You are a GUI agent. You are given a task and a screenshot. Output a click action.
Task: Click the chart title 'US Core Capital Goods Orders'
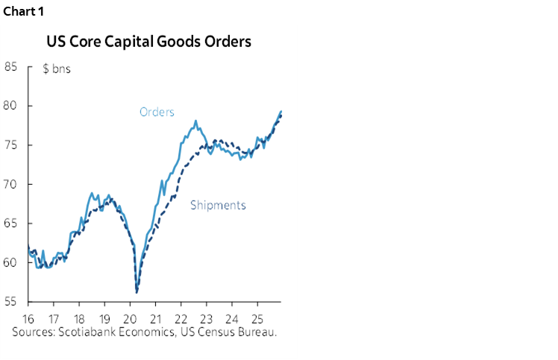(x=148, y=41)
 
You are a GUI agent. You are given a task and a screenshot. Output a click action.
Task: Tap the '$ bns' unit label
(x=57, y=70)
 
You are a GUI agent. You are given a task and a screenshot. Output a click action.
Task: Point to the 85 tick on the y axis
(x=10, y=66)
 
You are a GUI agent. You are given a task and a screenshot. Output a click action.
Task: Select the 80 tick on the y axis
(x=10, y=106)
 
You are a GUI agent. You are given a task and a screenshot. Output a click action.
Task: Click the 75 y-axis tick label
(x=10, y=145)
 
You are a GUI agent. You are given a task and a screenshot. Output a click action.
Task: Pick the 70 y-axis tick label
(x=10, y=184)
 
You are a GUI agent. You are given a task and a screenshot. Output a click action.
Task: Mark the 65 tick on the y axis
(x=10, y=223)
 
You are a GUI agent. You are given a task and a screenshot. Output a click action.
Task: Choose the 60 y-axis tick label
(x=10, y=262)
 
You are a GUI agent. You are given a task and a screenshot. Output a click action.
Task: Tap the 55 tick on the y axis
(x=10, y=301)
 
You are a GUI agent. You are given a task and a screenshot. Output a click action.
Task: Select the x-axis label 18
(x=79, y=318)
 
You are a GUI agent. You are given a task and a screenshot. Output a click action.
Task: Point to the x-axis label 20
(x=131, y=318)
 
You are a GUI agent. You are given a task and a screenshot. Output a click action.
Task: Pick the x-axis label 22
(x=181, y=318)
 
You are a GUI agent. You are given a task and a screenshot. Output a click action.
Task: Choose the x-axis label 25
(x=257, y=318)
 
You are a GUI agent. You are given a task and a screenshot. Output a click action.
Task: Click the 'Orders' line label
(x=157, y=113)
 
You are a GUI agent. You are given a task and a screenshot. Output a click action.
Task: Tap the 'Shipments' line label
(x=218, y=205)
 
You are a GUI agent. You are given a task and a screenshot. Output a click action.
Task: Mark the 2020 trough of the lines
(x=137, y=291)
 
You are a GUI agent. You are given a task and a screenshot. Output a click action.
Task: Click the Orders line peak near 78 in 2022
(x=195, y=121)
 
